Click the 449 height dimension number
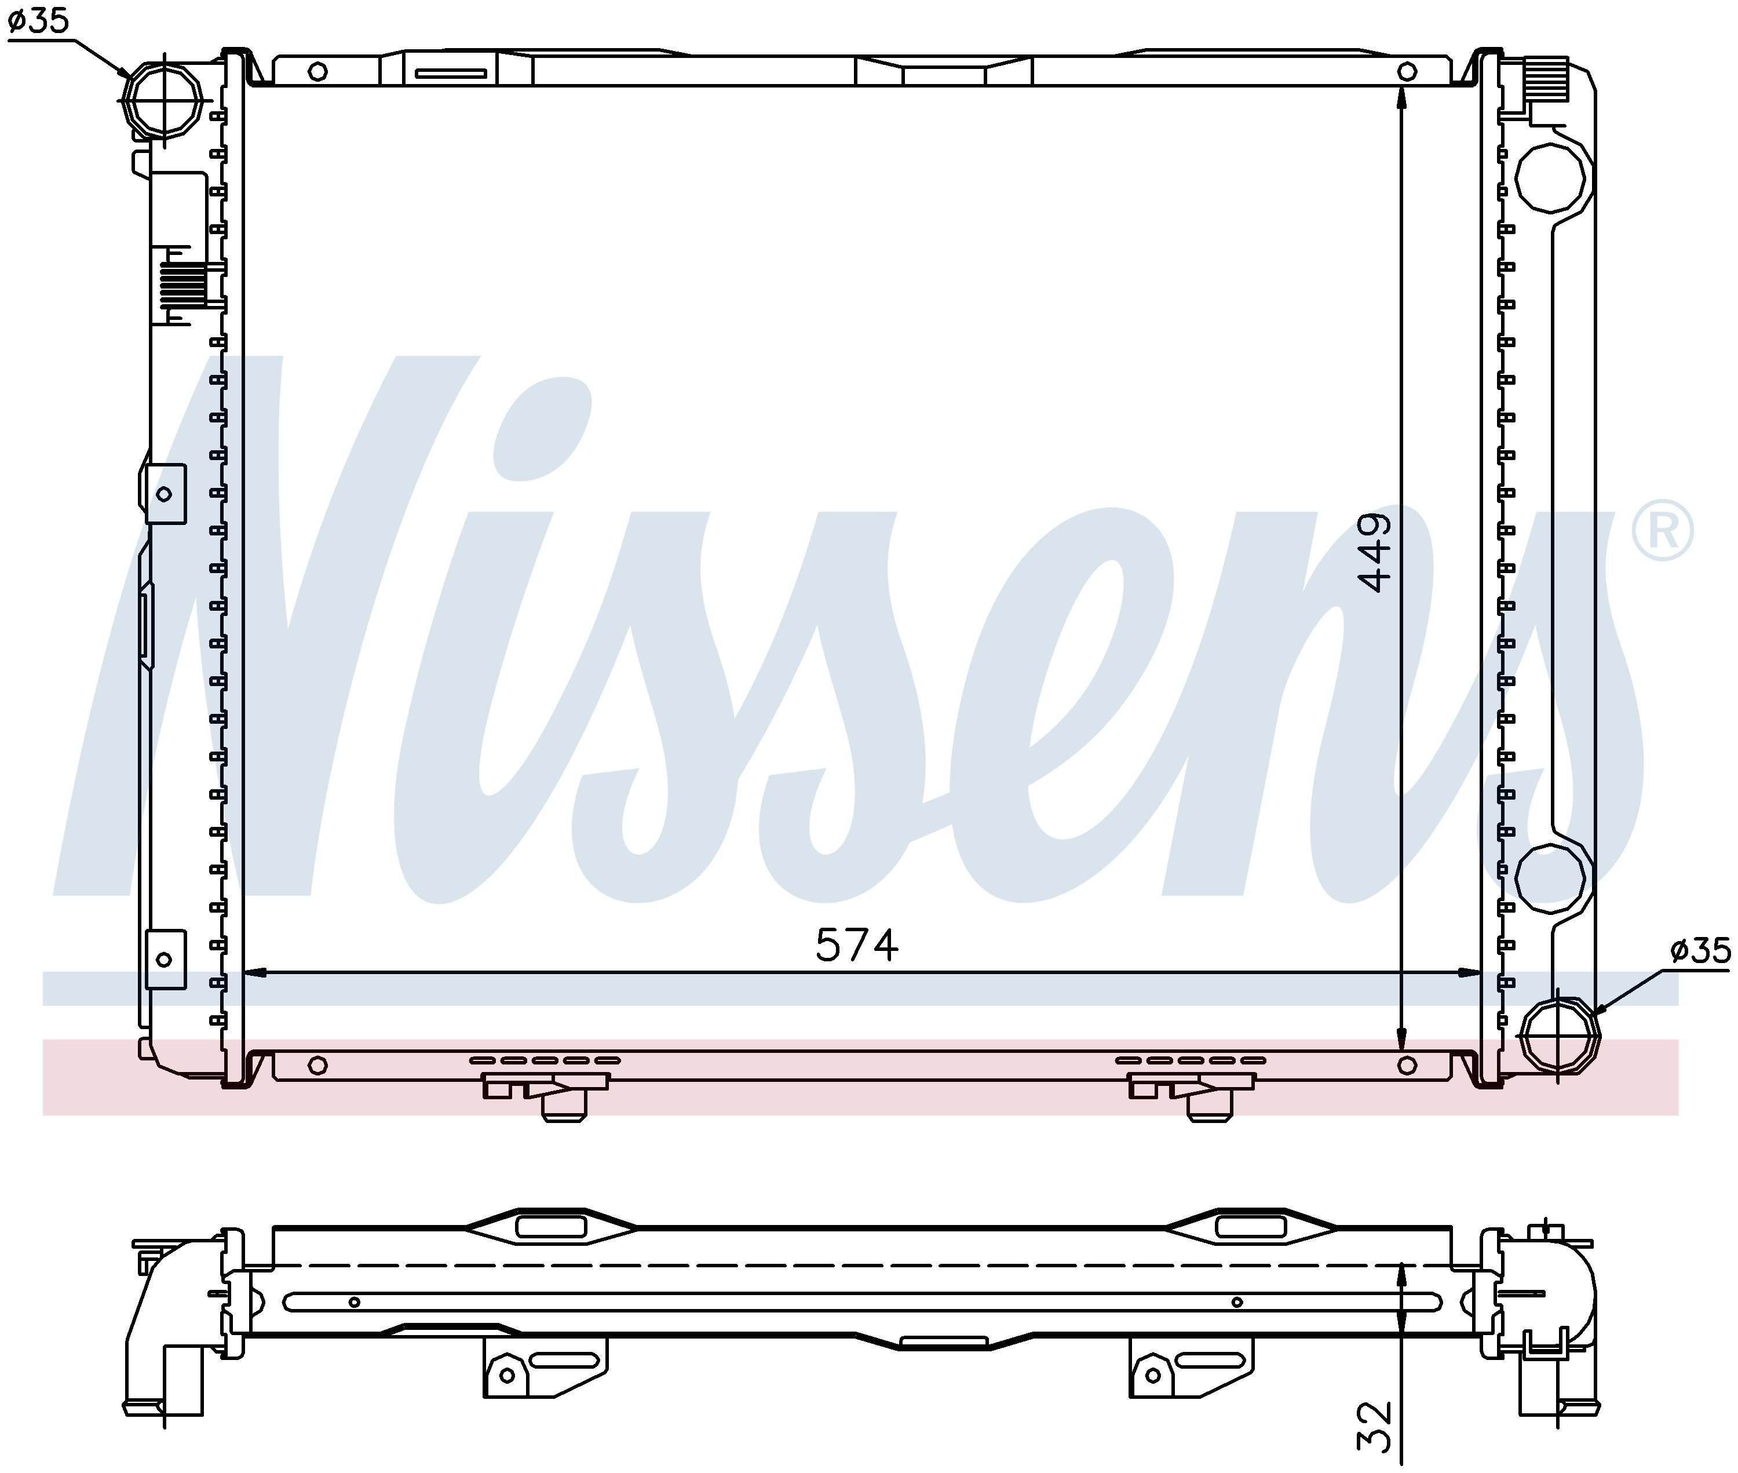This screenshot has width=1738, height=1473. tap(1375, 552)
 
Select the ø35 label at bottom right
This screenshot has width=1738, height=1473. tap(1700, 950)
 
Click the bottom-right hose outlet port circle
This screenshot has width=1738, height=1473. tap(1558, 1034)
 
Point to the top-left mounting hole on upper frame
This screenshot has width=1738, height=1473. tap(317, 71)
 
